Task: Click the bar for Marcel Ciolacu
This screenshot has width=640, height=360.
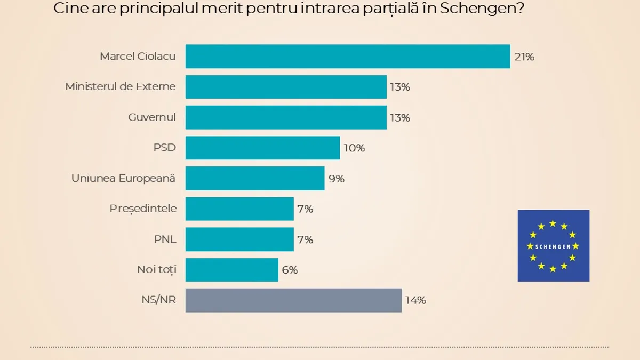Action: point(348,57)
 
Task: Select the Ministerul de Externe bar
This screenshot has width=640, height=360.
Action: point(286,87)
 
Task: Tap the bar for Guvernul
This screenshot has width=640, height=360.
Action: point(286,117)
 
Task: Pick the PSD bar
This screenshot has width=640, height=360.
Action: point(262,148)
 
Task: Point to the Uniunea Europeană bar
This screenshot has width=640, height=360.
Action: point(255,178)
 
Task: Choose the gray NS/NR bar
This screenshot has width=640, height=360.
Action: point(293,300)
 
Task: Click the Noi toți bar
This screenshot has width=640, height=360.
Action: point(232,270)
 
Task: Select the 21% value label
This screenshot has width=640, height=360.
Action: point(524,57)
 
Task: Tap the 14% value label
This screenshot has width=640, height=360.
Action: point(415,300)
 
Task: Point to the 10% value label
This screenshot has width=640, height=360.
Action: point(354,148)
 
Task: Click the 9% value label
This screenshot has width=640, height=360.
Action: point(337,179)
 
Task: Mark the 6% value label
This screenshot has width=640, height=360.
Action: point(290,270)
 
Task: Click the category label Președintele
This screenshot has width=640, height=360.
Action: point(143,209)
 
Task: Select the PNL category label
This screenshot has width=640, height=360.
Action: point(165,239)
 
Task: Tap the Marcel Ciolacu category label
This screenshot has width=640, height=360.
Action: point(138,57)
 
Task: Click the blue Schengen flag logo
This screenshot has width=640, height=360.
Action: point(553,245)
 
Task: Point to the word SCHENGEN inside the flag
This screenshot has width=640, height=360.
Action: point(553,246)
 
